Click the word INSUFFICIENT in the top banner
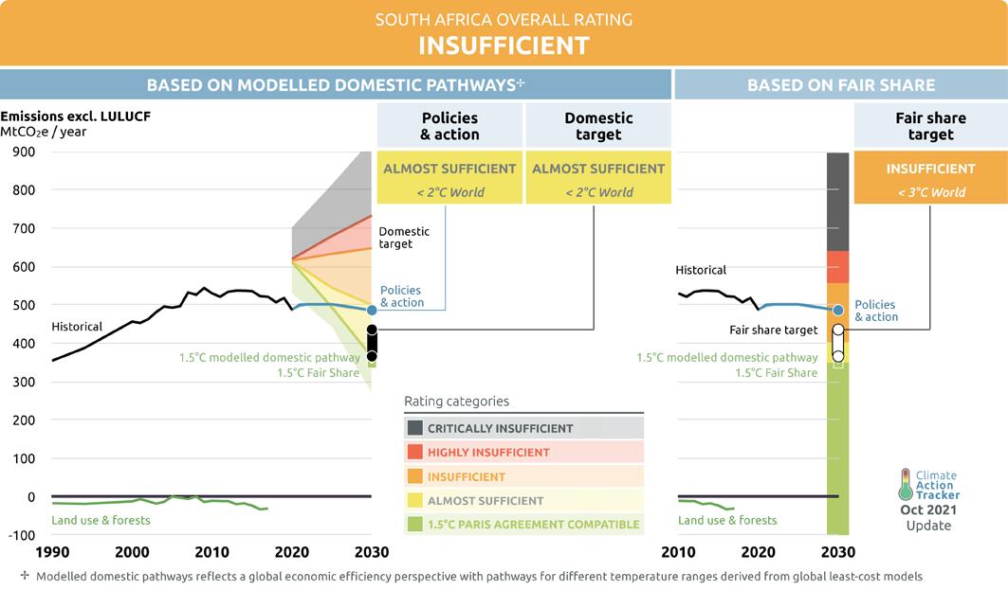point(504,45)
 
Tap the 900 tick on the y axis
point(23,152)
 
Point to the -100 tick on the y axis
point(20,535)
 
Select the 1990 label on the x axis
point(52,552)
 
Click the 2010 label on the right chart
point(678,552)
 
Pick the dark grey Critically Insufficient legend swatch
point(415,428)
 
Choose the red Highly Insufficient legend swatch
point(415,452)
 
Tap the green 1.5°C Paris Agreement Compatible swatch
point(415,524)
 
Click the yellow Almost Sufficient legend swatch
point(415,500)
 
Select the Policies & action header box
point(449,126)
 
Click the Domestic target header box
point(598,126)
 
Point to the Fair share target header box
point(930,126)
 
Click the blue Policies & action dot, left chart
point(372,310)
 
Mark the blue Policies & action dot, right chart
point(838,310)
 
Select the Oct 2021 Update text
point(927,517)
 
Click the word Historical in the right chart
point(701,270)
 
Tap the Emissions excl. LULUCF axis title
point(76,116)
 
